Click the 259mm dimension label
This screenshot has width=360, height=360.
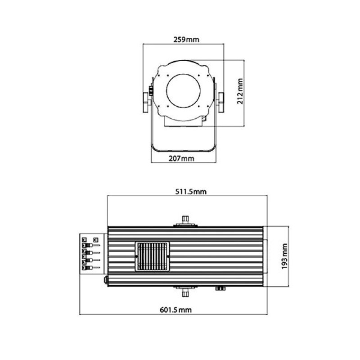tap(186, 40)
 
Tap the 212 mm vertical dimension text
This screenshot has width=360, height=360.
tap(240, 91)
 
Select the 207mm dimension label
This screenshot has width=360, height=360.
tap(181, 158)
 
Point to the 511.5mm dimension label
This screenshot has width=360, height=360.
tap(191, 192)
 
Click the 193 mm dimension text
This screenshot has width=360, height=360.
tap(284, 256)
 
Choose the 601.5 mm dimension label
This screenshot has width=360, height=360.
tap(175, 310)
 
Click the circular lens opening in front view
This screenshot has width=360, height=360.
tap(183, 91)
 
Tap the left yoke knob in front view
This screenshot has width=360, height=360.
tap(146, 103)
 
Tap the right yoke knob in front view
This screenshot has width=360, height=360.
tap(220, 103)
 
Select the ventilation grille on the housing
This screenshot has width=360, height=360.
tap(152, 256)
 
